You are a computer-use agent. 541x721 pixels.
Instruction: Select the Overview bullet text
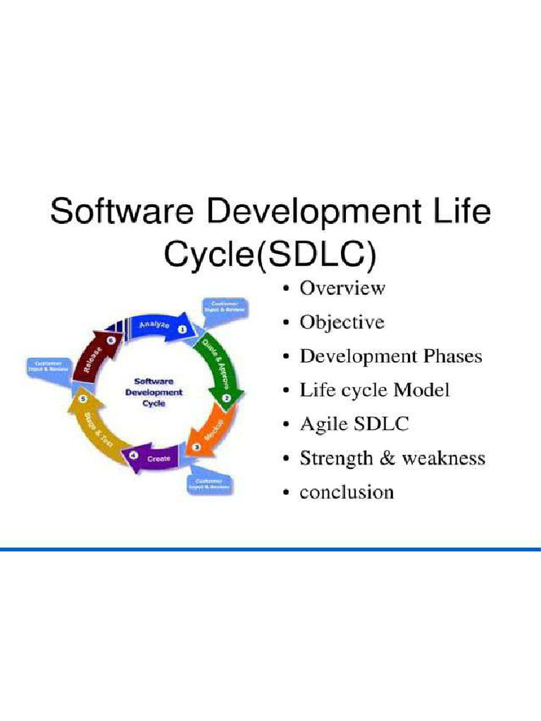(x=342, y=288)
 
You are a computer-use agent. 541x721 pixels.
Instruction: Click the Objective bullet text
(x=342, y=322)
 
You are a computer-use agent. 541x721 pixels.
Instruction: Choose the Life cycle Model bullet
(x=374, y=390)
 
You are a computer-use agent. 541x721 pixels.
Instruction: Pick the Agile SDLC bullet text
(x=354, y=425)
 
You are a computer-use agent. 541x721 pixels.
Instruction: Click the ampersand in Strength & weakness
(x=387, y=458)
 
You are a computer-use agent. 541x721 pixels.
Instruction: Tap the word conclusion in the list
(x=347, y=492)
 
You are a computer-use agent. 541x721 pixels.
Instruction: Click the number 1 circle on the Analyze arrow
(x=182, y=329)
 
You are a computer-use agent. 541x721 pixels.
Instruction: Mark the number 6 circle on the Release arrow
(x=110, y=339)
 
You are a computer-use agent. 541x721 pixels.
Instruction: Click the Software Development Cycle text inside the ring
(x=153, y=391)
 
